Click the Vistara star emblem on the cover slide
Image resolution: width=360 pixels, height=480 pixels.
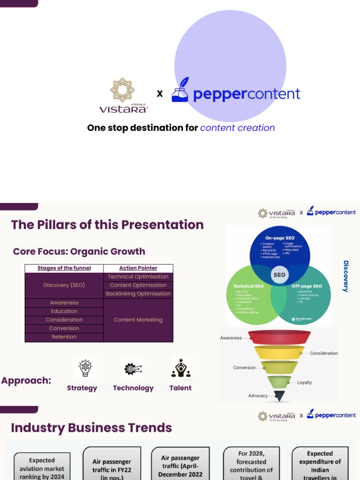(122, 90)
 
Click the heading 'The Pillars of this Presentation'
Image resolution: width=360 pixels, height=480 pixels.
(107, 225)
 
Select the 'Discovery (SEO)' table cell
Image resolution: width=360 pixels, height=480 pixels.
(64, 285)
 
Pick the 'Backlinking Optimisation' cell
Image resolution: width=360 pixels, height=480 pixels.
(138, 294)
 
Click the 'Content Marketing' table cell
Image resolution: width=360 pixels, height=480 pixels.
(138, 320)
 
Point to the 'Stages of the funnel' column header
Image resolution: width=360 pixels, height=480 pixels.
(64, 268)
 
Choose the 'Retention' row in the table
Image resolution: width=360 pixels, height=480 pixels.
(64, 337)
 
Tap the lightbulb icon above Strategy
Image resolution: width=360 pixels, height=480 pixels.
(85, 368)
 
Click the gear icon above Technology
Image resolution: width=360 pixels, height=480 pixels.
(133, 369)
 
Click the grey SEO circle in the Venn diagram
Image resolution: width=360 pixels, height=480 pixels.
(279, 275)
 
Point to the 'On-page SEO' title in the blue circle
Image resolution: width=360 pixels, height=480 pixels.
(280, 238)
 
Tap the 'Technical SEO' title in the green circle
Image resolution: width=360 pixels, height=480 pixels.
(249, 286)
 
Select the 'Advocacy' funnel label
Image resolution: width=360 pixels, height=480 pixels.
(258, 396)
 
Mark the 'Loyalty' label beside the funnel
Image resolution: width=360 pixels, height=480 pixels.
(305, 382)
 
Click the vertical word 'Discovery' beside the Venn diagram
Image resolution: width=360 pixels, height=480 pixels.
(346, 276)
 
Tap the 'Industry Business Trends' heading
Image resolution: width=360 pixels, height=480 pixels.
(91, 428)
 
